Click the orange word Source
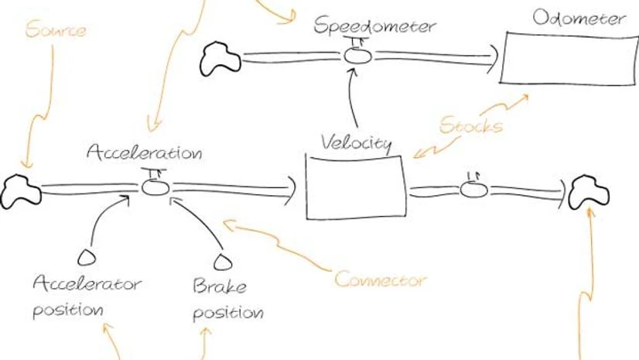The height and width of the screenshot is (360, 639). (55, 31)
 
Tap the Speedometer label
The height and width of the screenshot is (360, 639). (375, 26)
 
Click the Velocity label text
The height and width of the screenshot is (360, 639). (356, 143)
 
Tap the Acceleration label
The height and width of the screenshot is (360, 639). (145, 153)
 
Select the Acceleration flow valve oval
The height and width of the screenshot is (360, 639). (153, 187)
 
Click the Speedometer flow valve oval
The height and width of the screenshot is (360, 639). (357, 56)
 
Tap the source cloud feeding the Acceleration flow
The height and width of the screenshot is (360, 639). (20, 189)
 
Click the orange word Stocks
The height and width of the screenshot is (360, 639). (470, 125)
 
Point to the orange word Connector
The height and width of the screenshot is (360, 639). (381, 279)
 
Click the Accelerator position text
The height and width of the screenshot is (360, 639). (86, 297)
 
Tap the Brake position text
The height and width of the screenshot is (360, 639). (226, 300)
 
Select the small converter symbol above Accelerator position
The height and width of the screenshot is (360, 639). (87, 256)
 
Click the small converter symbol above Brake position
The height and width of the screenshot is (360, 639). (224, 261)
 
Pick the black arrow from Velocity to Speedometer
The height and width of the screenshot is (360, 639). (354, 97)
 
